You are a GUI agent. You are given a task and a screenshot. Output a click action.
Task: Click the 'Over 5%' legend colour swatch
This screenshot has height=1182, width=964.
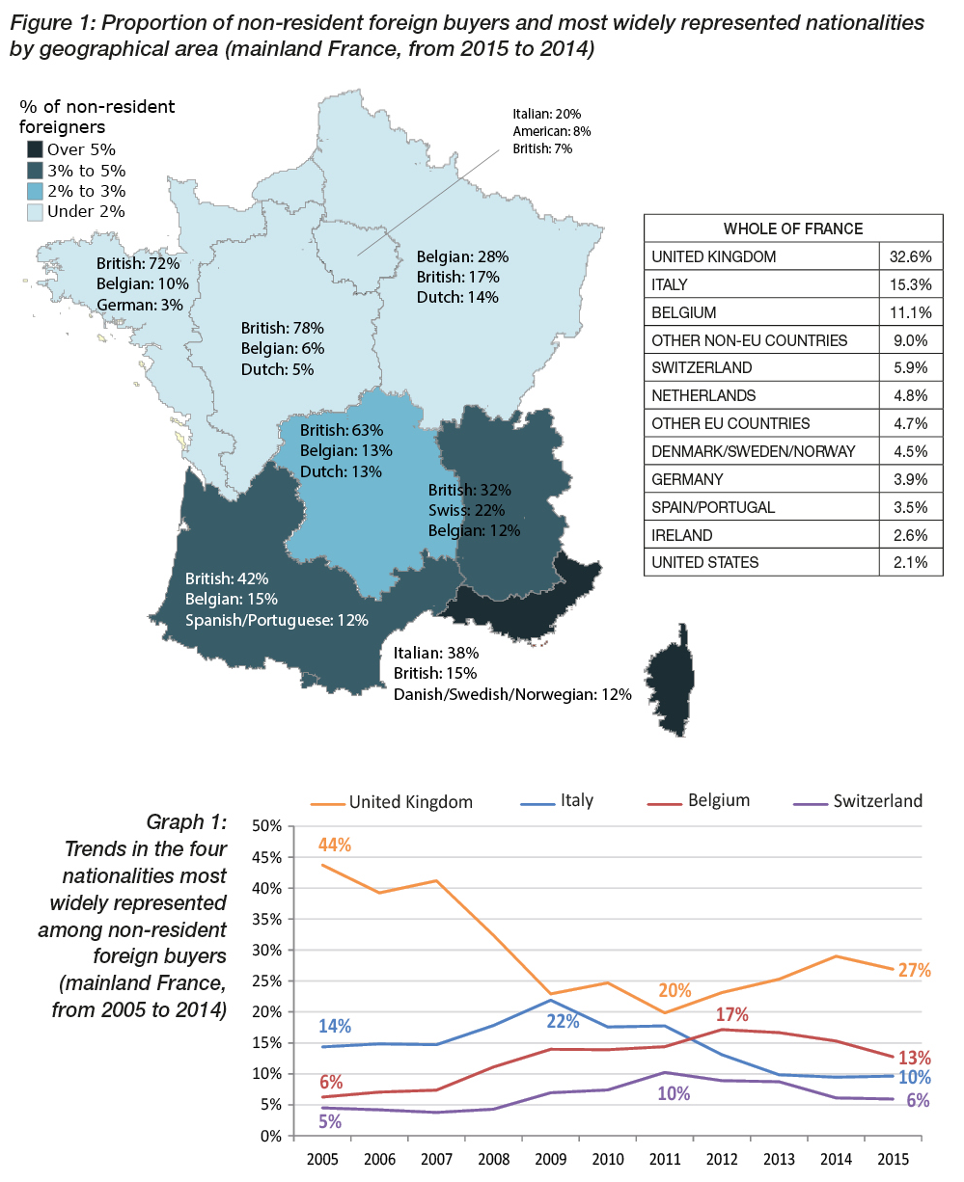35,149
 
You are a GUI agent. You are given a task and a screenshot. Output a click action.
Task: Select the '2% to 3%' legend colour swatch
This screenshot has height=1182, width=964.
35,191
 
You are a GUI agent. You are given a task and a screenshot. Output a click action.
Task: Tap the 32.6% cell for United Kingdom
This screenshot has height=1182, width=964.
912,256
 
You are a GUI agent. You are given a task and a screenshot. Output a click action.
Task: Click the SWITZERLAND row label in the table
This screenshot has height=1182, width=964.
702,367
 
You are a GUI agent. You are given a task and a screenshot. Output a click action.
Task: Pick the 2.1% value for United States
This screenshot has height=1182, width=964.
912,562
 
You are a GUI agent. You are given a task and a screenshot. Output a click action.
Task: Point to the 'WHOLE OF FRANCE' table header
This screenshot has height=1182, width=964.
793,228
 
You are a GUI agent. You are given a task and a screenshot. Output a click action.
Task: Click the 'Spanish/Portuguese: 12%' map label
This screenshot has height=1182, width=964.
277,620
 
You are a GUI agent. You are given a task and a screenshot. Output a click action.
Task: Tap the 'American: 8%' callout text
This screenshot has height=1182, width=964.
552,131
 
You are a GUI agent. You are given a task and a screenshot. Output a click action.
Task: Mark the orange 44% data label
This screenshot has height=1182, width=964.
335,845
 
